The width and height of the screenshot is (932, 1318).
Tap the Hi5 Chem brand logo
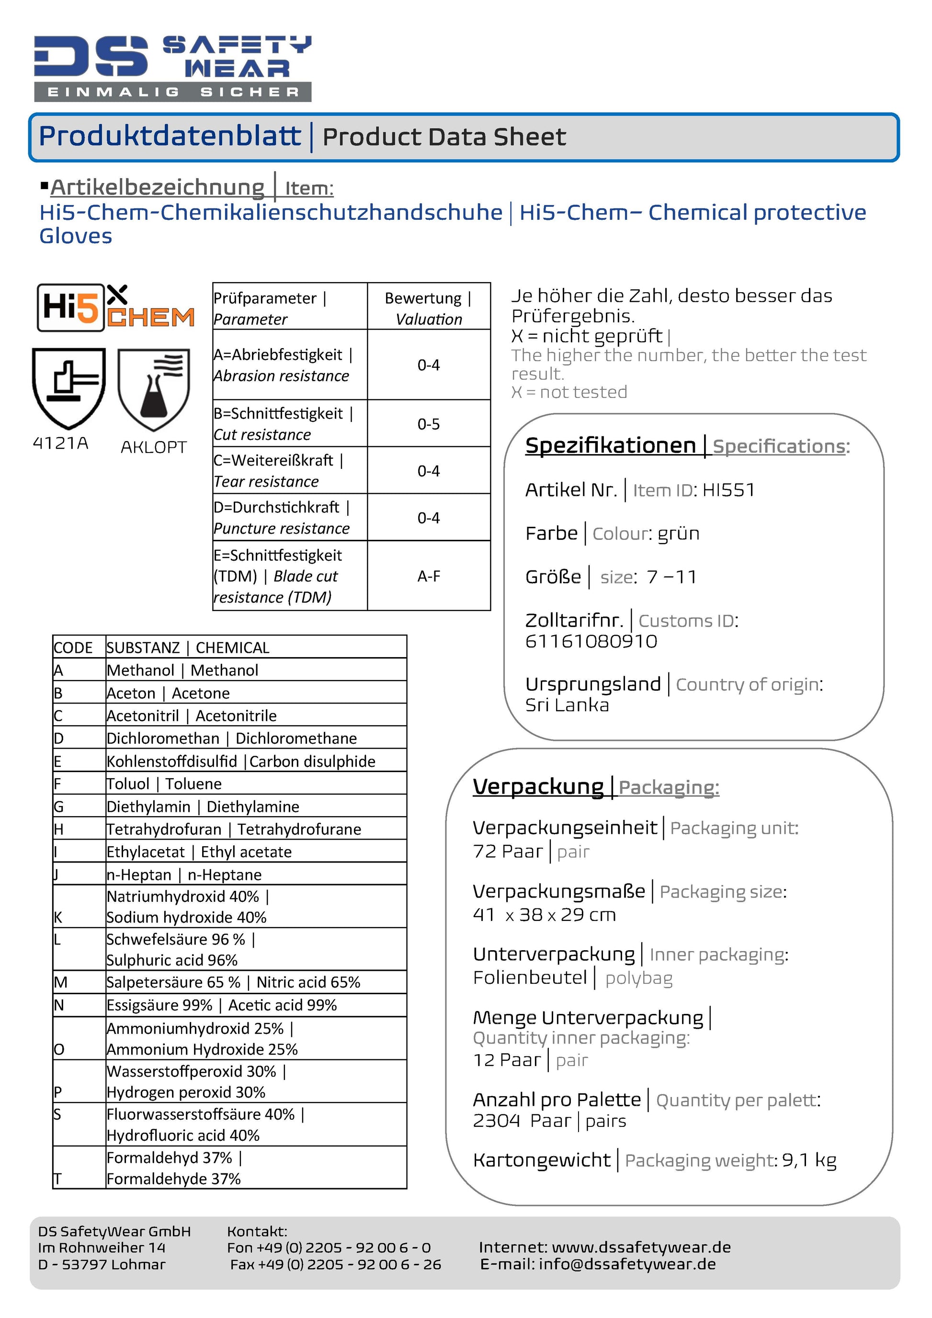115,307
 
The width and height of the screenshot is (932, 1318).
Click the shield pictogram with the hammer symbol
69,387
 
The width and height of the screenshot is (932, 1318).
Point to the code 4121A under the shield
60,443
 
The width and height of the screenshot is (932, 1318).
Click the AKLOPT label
154,447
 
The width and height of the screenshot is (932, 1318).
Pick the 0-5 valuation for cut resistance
429,424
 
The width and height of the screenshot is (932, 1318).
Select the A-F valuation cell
429,576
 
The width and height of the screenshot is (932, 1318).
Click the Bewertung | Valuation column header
429,308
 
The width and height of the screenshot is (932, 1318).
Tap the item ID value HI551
728,489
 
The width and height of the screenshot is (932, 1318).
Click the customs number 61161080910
591,641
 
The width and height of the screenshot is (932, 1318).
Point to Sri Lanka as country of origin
567,705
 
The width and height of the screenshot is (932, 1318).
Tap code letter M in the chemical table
60,982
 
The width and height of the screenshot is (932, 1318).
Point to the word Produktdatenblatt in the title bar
170,136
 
